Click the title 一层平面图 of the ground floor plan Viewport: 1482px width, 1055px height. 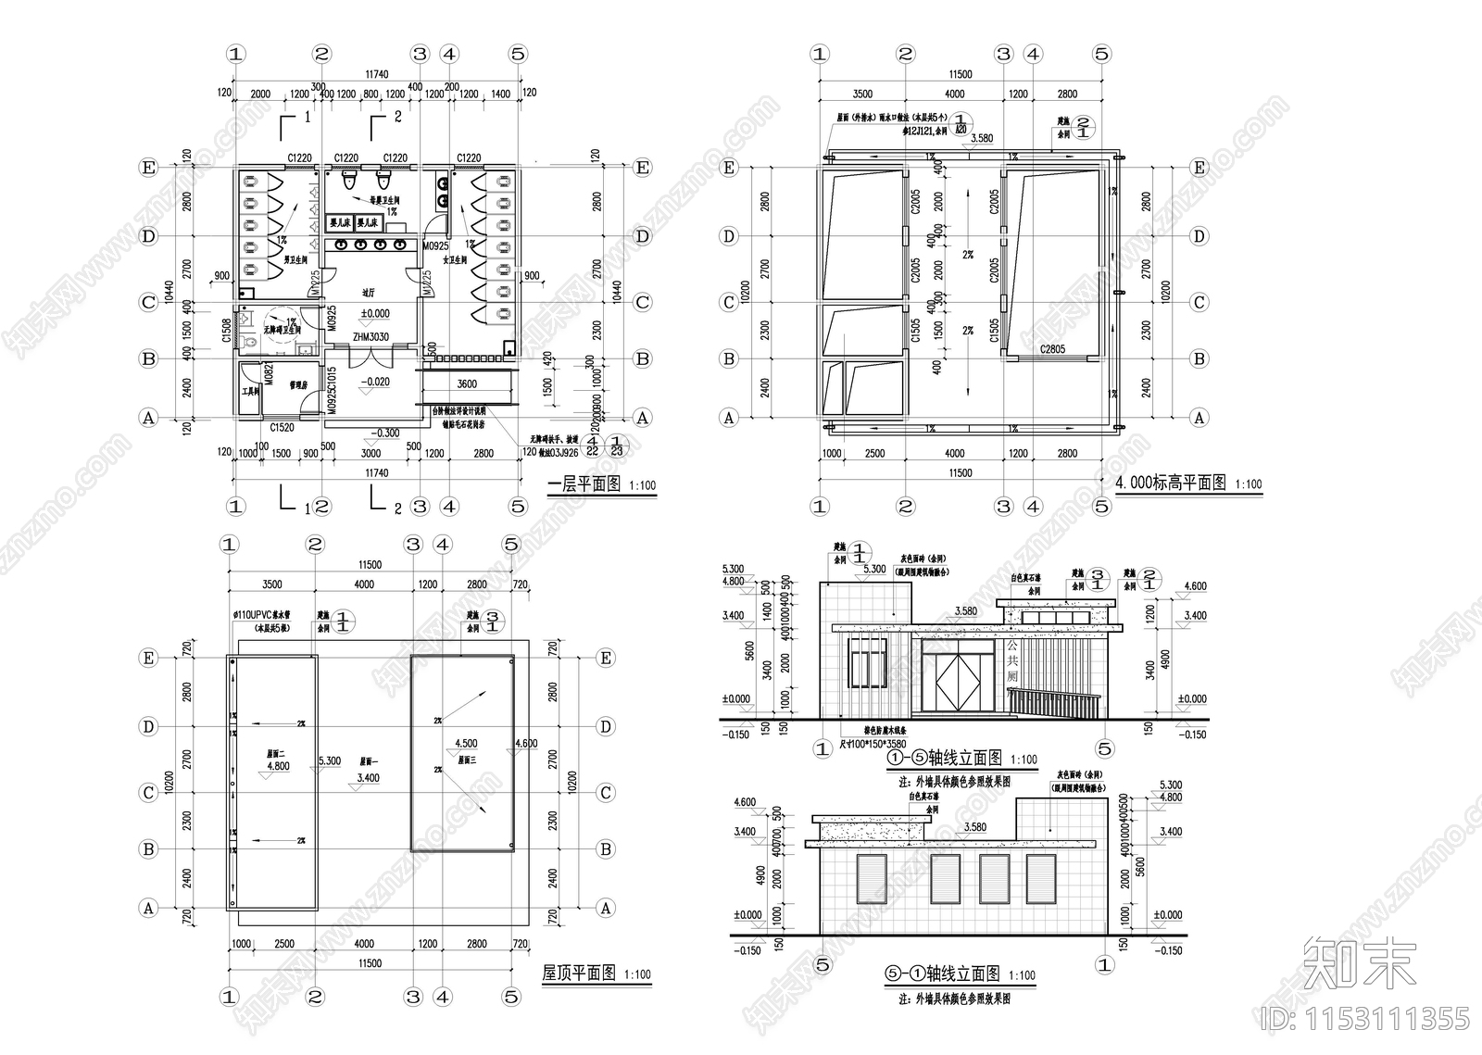[x=584, y=484]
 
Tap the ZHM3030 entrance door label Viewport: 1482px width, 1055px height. [x=370, y=337]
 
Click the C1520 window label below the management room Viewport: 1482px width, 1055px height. [x=282, y=428]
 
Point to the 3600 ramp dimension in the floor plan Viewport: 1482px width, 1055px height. [x=467, y=383]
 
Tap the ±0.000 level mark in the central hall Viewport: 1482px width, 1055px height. [x=375, y=313]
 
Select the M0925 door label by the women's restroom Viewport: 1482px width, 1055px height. [x=435, y=246]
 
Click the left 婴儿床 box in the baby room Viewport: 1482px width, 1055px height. [x=338, y=223]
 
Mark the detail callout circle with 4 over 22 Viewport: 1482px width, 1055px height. [x=591, y=446]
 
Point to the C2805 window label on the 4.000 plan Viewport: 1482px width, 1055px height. [x=1052, y=349]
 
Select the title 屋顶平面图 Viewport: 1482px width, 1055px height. [x=578, y=973]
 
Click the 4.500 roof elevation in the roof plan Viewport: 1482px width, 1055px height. [x=466, y=743]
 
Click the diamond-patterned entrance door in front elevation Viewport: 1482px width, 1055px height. [x=958, y=684]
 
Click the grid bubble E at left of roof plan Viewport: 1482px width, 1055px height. [x=148, y=658]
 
